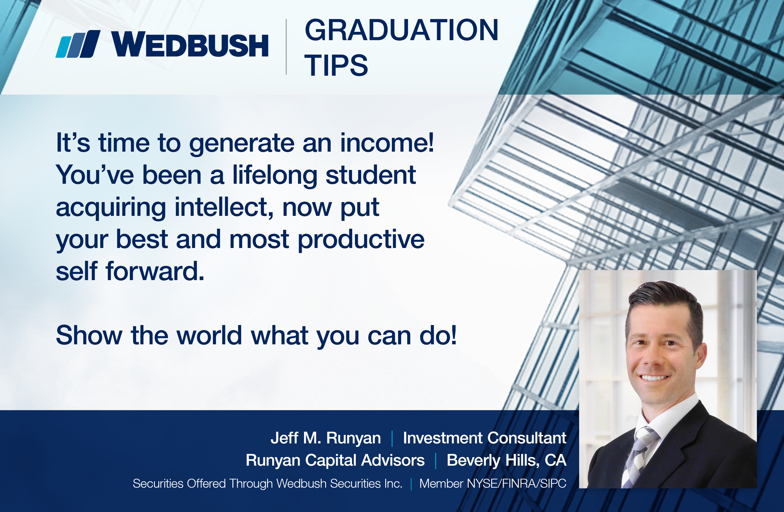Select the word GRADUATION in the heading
click(x=402, y=30)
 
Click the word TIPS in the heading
click(x=336, y=65)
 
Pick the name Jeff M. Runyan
click(x=325, y=438)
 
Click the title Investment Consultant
click(x=485, y=438)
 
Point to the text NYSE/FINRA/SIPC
click(x=516, y=483)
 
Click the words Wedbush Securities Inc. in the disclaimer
click(x=339, y=483)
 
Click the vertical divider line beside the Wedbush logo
click(x=286, y=47)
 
